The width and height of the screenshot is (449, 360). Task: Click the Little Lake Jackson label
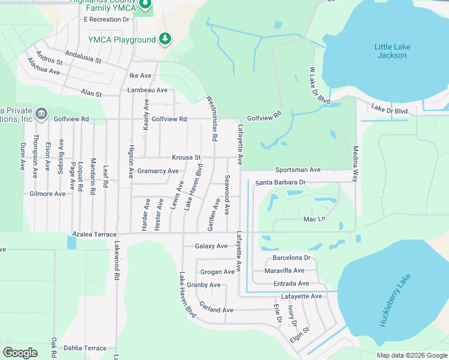coord(390,51)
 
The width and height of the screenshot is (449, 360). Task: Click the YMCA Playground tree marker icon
coord(165,40)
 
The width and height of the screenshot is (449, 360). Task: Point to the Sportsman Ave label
coord(298,170)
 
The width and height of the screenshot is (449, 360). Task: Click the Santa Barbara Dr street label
coord(280,182)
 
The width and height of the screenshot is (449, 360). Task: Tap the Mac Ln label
coord(314,220)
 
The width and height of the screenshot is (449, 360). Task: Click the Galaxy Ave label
coord(211,246)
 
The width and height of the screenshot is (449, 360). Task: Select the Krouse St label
coord(186,158)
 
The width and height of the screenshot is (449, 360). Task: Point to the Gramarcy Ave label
coord(158,171)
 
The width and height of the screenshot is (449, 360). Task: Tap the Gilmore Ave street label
coord(47,194)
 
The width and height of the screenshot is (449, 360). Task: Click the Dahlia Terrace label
coord(86,348)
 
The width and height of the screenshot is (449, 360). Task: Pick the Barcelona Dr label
coord(291,258)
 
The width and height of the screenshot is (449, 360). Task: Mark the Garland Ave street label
coord(216,310)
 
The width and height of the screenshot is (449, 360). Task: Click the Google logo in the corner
coord(20,353)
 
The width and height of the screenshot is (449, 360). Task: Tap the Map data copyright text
coord(411,355)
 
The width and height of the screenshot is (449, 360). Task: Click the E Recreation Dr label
coord(107,19)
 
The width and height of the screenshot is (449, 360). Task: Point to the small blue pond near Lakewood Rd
coord(72,242)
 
